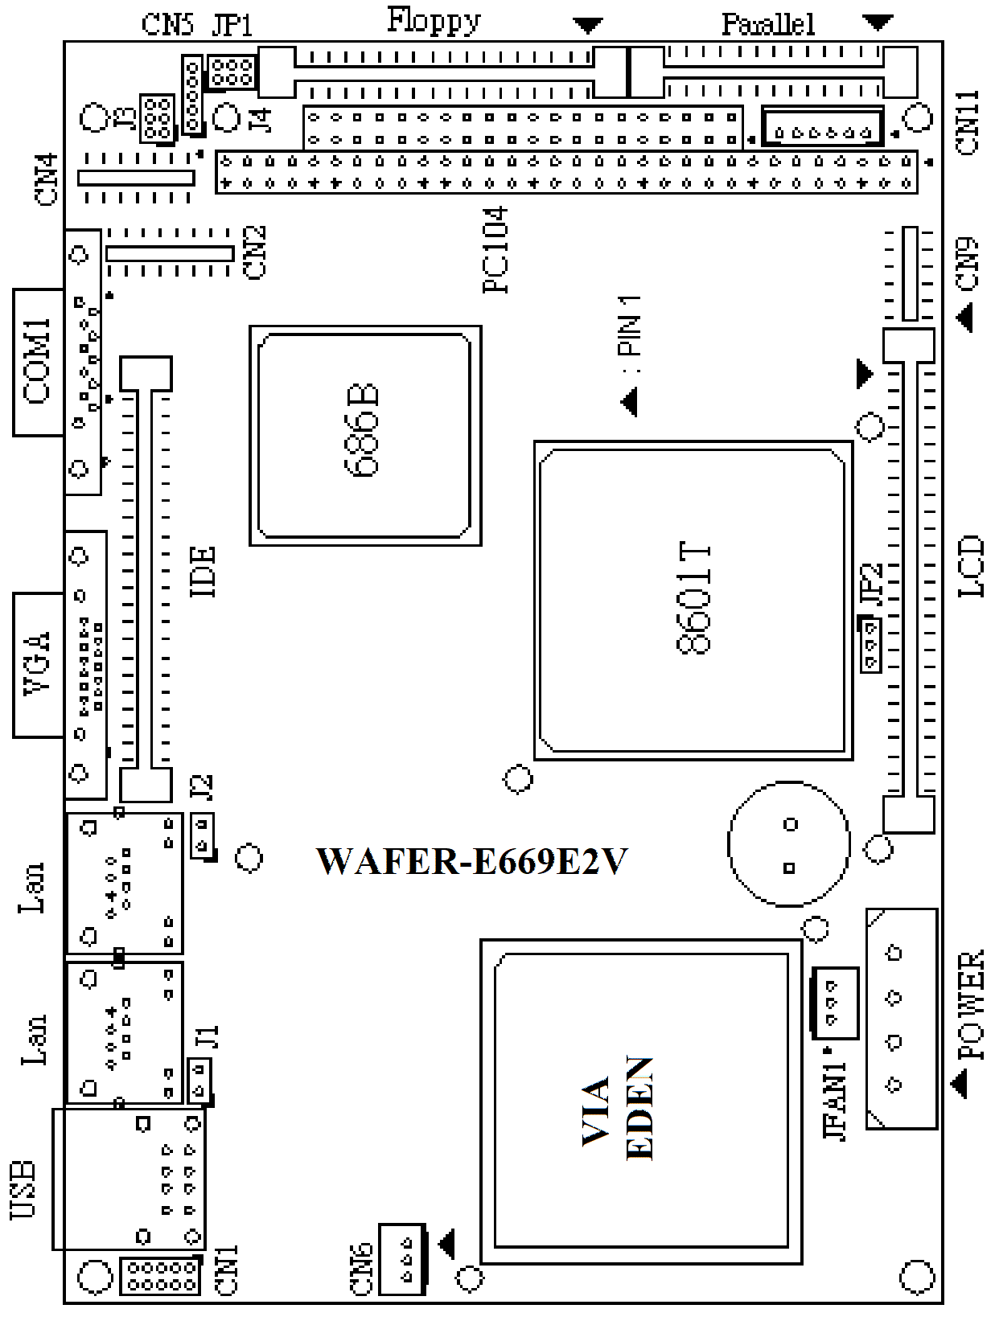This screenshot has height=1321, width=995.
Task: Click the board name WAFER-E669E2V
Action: (471, 861)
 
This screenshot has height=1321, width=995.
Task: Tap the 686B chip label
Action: (362, 431)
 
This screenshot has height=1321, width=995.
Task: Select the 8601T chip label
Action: (693, 599)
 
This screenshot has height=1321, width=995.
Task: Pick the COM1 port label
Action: (37, 361)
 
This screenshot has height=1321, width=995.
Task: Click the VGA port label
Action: (37, 664)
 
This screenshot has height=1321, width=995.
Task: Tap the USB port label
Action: (23, 1191)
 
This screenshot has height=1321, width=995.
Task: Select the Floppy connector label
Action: (434, 21)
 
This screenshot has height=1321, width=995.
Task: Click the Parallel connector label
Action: (768, 25)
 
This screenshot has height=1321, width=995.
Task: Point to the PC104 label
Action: (495, 250)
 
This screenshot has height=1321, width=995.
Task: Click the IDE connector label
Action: (202, 572)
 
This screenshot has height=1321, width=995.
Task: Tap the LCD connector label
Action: (970, 566)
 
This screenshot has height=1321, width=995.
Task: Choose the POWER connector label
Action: (970, 1005)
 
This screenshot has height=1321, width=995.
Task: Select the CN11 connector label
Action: (968, 123)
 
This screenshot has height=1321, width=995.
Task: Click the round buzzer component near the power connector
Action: (788, 843)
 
